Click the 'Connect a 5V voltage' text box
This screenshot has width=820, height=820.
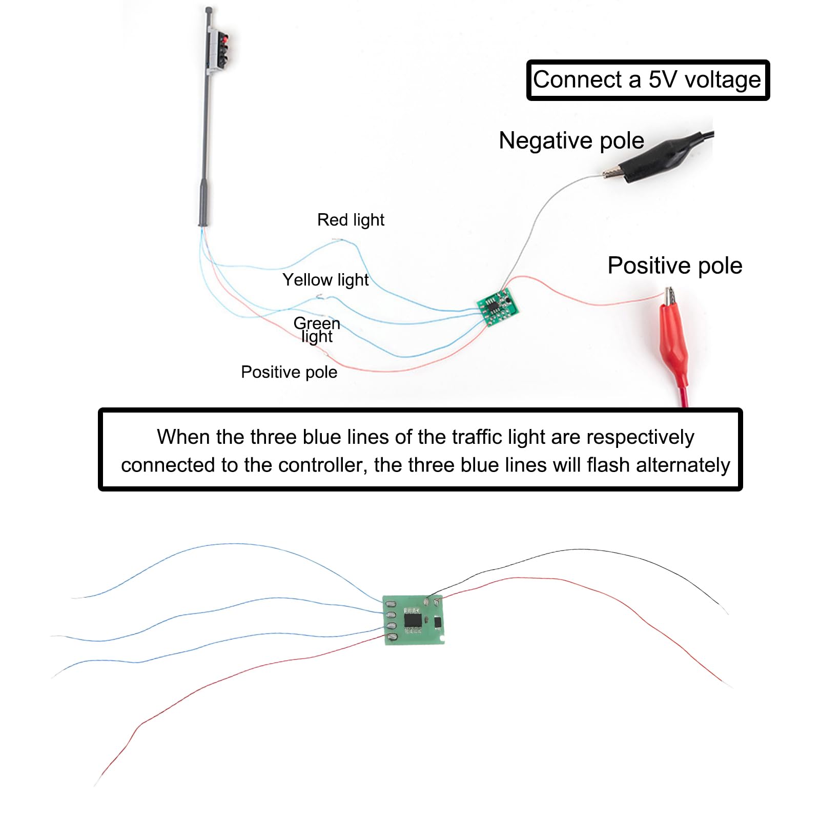[x=648, y=80]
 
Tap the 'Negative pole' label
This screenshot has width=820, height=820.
[x=571, y=140]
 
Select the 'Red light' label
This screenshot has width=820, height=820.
[x=351, y=220]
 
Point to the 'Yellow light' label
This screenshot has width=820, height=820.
[x=325, y=280]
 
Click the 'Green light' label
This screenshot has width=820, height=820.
[x=317, y=330]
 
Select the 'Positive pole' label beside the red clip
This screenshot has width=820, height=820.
[x=675, y=265]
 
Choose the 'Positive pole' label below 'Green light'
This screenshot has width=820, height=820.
[x=289, y=372]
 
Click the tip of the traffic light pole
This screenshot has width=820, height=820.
[x=208, y=9]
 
